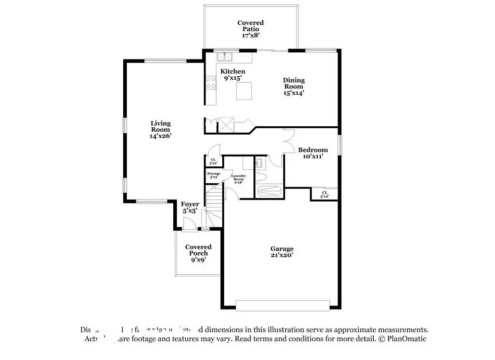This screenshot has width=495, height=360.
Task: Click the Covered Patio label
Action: (x=250, y=29)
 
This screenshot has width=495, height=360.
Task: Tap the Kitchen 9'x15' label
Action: (x=233, y=75)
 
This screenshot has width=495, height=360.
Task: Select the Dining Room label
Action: (x=294, y=86)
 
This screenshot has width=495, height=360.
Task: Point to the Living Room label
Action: (x=160, y=129)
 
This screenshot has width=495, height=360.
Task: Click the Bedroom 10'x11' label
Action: (x=312, y=153)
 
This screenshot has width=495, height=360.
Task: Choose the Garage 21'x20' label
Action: (x=282, y=252)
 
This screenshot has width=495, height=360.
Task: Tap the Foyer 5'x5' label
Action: (x=190, y=207)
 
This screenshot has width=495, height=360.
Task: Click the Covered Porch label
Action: (x=198, y=253)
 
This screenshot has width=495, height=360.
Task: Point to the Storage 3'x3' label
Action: (x=213, y=175)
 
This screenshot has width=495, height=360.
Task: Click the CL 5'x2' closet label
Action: (x=325, y=194)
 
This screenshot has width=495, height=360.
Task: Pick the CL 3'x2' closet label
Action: (x=213, y=161)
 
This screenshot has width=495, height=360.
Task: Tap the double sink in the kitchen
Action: (x=227, y=57)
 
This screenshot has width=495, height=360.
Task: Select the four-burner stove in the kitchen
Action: (x=211, y=82)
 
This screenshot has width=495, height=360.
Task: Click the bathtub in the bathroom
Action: (x=269, y=191)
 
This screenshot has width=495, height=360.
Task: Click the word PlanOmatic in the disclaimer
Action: (x=408, y=339)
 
